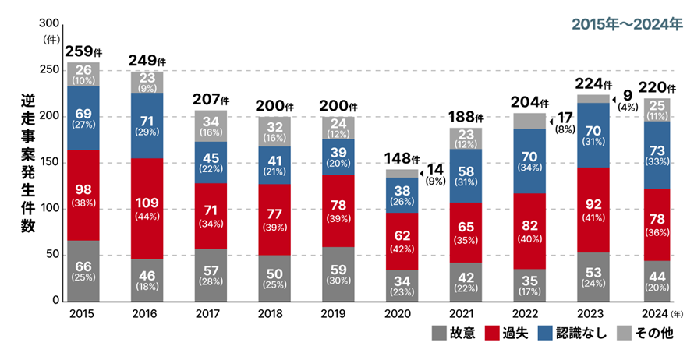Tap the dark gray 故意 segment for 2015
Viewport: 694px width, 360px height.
pos(83,270)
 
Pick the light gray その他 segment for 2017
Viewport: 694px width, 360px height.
pos(210,125)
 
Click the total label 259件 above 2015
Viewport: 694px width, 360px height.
pos(83,52)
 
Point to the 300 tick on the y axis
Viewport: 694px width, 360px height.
pos(48,24)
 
